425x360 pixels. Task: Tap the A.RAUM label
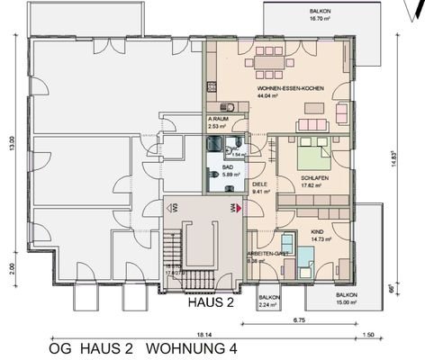(x=217, y=119)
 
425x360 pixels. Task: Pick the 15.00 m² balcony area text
(x=346, y=302)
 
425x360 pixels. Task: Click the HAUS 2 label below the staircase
(x=211, y=303)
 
